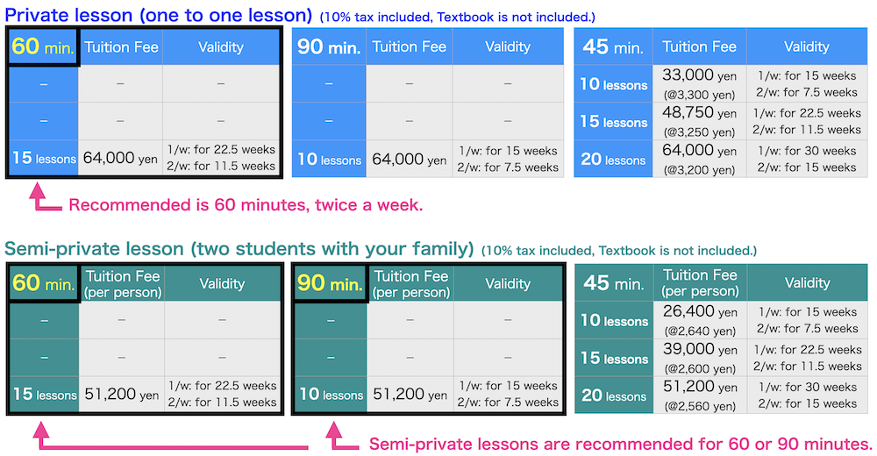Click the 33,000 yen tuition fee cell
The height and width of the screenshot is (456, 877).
(x=700, y=83)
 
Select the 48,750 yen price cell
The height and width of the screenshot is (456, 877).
(x=700, y=121)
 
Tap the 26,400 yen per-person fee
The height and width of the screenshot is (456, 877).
(x=700, y=320)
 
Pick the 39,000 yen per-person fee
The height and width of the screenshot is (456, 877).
(x=700, y=358)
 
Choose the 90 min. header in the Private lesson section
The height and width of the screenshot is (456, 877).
(x=329, y=47)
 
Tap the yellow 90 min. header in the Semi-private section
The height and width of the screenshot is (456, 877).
(x=329, y=283)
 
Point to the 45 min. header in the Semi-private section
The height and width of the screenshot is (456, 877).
(x=613, y=283)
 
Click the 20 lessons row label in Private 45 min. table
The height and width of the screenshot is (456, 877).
(x=613, y=160)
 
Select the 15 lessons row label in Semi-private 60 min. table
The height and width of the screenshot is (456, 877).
(x=43, y=395)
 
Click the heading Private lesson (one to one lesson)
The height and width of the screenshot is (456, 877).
(x=159, y=15)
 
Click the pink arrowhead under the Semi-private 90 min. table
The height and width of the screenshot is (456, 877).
(x=332, y=431)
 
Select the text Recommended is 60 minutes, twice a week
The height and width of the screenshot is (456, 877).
(x=246, y=205)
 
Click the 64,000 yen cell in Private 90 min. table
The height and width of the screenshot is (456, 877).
(x=409, y=160)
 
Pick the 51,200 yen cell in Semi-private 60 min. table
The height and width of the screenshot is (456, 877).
(x=121, y=395)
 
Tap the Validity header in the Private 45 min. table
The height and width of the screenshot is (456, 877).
(x=806, y=46)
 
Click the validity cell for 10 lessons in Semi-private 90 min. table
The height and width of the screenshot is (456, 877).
(x=508, y=395)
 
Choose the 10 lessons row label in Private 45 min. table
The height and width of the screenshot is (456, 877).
(x=613, y=84)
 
